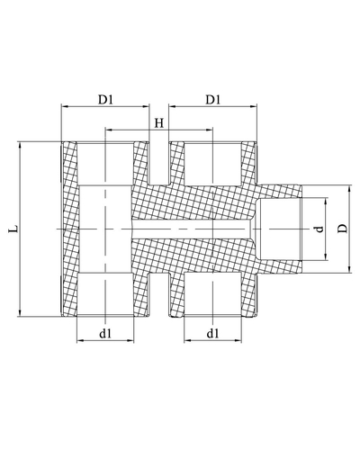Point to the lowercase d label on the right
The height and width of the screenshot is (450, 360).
click(x=319, y=229)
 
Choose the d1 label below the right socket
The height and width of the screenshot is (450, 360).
click(x=213, y=334)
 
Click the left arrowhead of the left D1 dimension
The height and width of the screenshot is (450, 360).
click(x=64, y=106)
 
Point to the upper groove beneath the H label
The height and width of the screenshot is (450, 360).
click(x=158, y=162)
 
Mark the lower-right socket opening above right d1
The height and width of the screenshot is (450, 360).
click(x=212, y=302)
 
